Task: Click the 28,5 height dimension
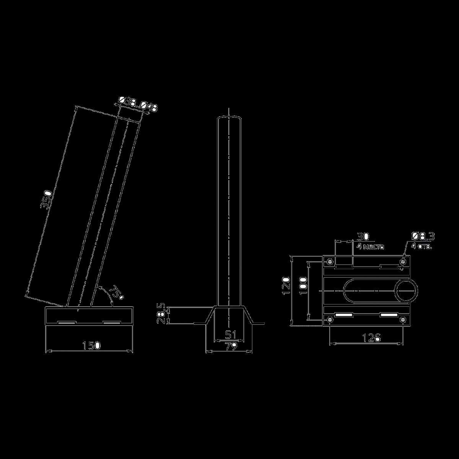[x=162, y=314]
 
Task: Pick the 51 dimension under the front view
[x=229, y=335]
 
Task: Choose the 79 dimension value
[x=229, y=347]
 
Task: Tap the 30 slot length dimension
[x=363, y=236]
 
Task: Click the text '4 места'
[x=370, y=247]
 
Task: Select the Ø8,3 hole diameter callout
[x=423, y=236]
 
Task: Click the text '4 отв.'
[x=422, y=247]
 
